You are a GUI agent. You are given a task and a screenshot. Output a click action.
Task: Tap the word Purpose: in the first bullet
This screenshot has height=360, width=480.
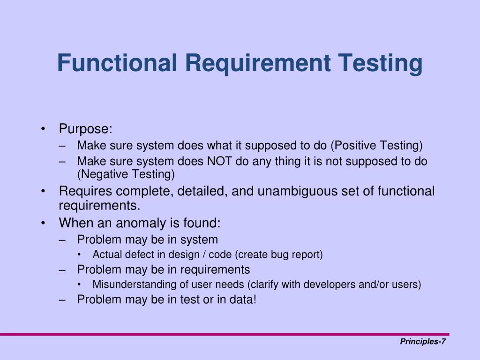click(86, 129)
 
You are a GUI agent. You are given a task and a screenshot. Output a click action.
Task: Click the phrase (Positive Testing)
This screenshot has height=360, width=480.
click(376, 146)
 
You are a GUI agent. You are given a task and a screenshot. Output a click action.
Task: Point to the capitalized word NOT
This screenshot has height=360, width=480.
click(220, 161)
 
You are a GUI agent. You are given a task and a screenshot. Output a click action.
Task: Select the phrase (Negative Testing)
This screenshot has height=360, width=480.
click(126, 174)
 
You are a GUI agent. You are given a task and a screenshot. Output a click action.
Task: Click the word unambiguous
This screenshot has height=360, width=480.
click(299, 191)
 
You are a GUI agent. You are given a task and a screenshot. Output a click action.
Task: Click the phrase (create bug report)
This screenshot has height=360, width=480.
click(279, 255)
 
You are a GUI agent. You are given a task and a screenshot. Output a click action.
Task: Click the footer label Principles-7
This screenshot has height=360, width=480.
click(422, 342)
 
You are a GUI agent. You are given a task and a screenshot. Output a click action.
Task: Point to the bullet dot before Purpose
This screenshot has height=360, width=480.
click(44, 129)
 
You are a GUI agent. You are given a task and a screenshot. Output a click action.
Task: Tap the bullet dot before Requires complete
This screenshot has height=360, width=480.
click(44, 192)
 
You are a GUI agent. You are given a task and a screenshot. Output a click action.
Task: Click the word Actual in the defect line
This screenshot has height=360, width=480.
click(106, 255)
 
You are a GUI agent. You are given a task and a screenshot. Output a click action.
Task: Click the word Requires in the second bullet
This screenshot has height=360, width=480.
click(85, 191)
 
